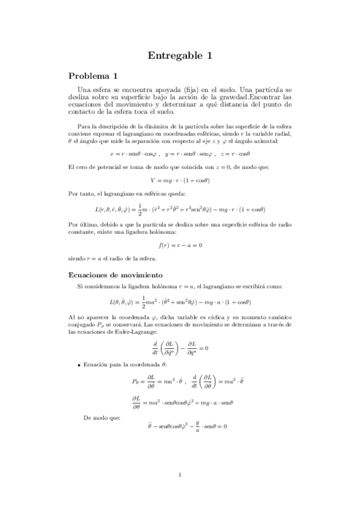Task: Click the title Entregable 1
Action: click(180, 56)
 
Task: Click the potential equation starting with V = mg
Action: click(180, 180)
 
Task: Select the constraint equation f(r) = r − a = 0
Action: click(180, 245)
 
